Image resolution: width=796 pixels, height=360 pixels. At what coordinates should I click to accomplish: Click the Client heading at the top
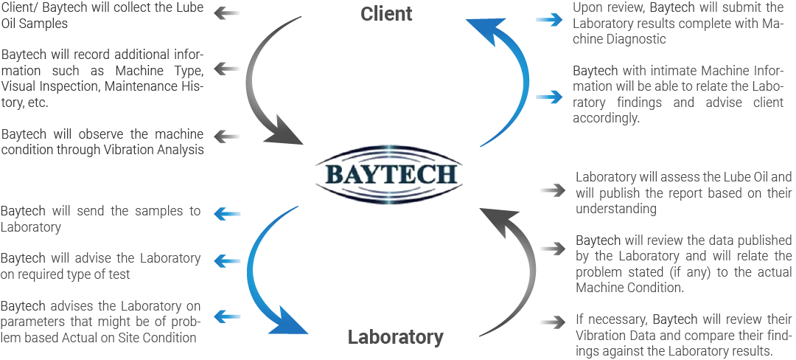(386, 14)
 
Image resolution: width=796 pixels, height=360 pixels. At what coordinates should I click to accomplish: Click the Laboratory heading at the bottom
(396, 338)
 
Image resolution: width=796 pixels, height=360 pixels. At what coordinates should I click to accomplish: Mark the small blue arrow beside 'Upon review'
(548, 21)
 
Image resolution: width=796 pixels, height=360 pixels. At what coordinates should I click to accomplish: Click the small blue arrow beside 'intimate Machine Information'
(548, 96)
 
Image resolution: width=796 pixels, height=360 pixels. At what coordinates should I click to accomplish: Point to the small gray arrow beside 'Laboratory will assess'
(551, 190)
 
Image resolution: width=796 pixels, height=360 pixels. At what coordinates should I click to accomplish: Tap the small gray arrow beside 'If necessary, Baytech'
(551, 322)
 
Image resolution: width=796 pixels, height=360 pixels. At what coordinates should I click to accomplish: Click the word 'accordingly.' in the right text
(608, 117)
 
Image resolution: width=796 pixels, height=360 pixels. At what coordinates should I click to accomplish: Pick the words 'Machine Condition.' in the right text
(631, 288)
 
